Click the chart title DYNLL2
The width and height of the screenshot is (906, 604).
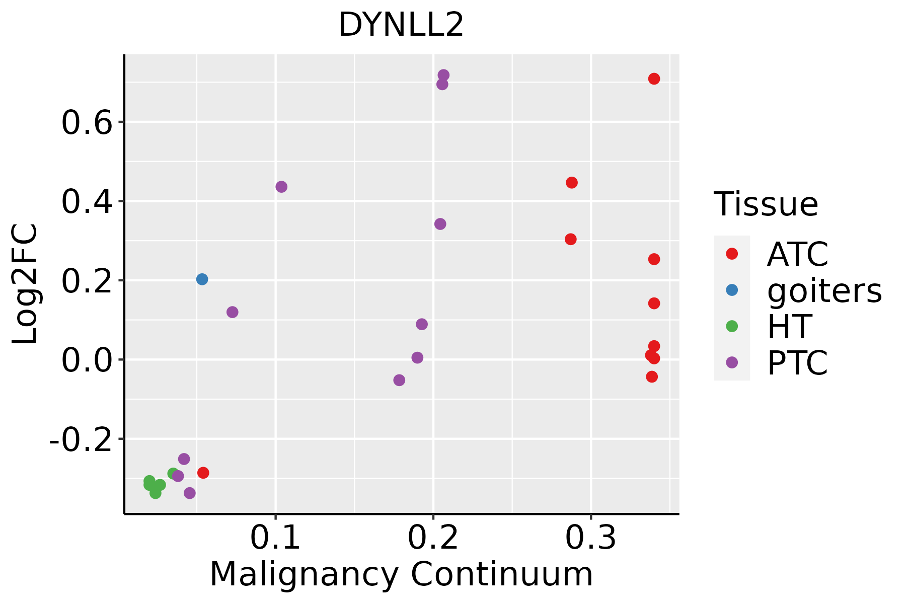pyautogui.click(x=401, y=25)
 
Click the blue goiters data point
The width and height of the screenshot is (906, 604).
pyautogui.click(x=202, y=279)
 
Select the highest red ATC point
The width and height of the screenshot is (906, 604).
pyautogui.click(x=654, y=79)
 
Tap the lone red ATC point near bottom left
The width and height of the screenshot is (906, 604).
pyautogui.click(x=203, y=473)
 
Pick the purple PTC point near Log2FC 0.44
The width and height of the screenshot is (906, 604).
pyautogui.click(x=281, y=187)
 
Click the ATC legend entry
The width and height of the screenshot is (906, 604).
pyautogui.click(x=797, y=254)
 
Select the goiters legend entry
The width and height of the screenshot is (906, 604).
pyautogui.click(x=823, y=290)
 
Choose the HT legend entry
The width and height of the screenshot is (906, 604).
pyautogui.click(x=789, y=326)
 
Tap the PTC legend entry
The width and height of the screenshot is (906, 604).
pyautogui.click(x=797, y=362)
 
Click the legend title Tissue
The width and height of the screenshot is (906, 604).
pyautogui.click(x=766, y=204)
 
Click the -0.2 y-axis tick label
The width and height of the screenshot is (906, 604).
pyautogui.click(x=80, y=439)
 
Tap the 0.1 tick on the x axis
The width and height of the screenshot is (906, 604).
pyautogui.click(x=275, y=538)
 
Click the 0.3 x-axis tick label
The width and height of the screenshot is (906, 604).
pyautogui.click(x=590, y=538)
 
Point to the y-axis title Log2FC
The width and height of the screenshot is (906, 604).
pyautogui.click(x=25, y=284)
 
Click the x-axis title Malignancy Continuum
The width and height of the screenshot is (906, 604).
pyautogui.click(x=401, y=574)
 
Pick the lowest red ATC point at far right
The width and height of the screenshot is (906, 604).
pyautogui.click(x=652, y=376)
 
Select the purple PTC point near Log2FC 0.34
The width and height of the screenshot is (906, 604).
pyautogui.click(x=440, y=224)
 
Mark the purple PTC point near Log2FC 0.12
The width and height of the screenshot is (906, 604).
pyautogui.click(x=232, y=312)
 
